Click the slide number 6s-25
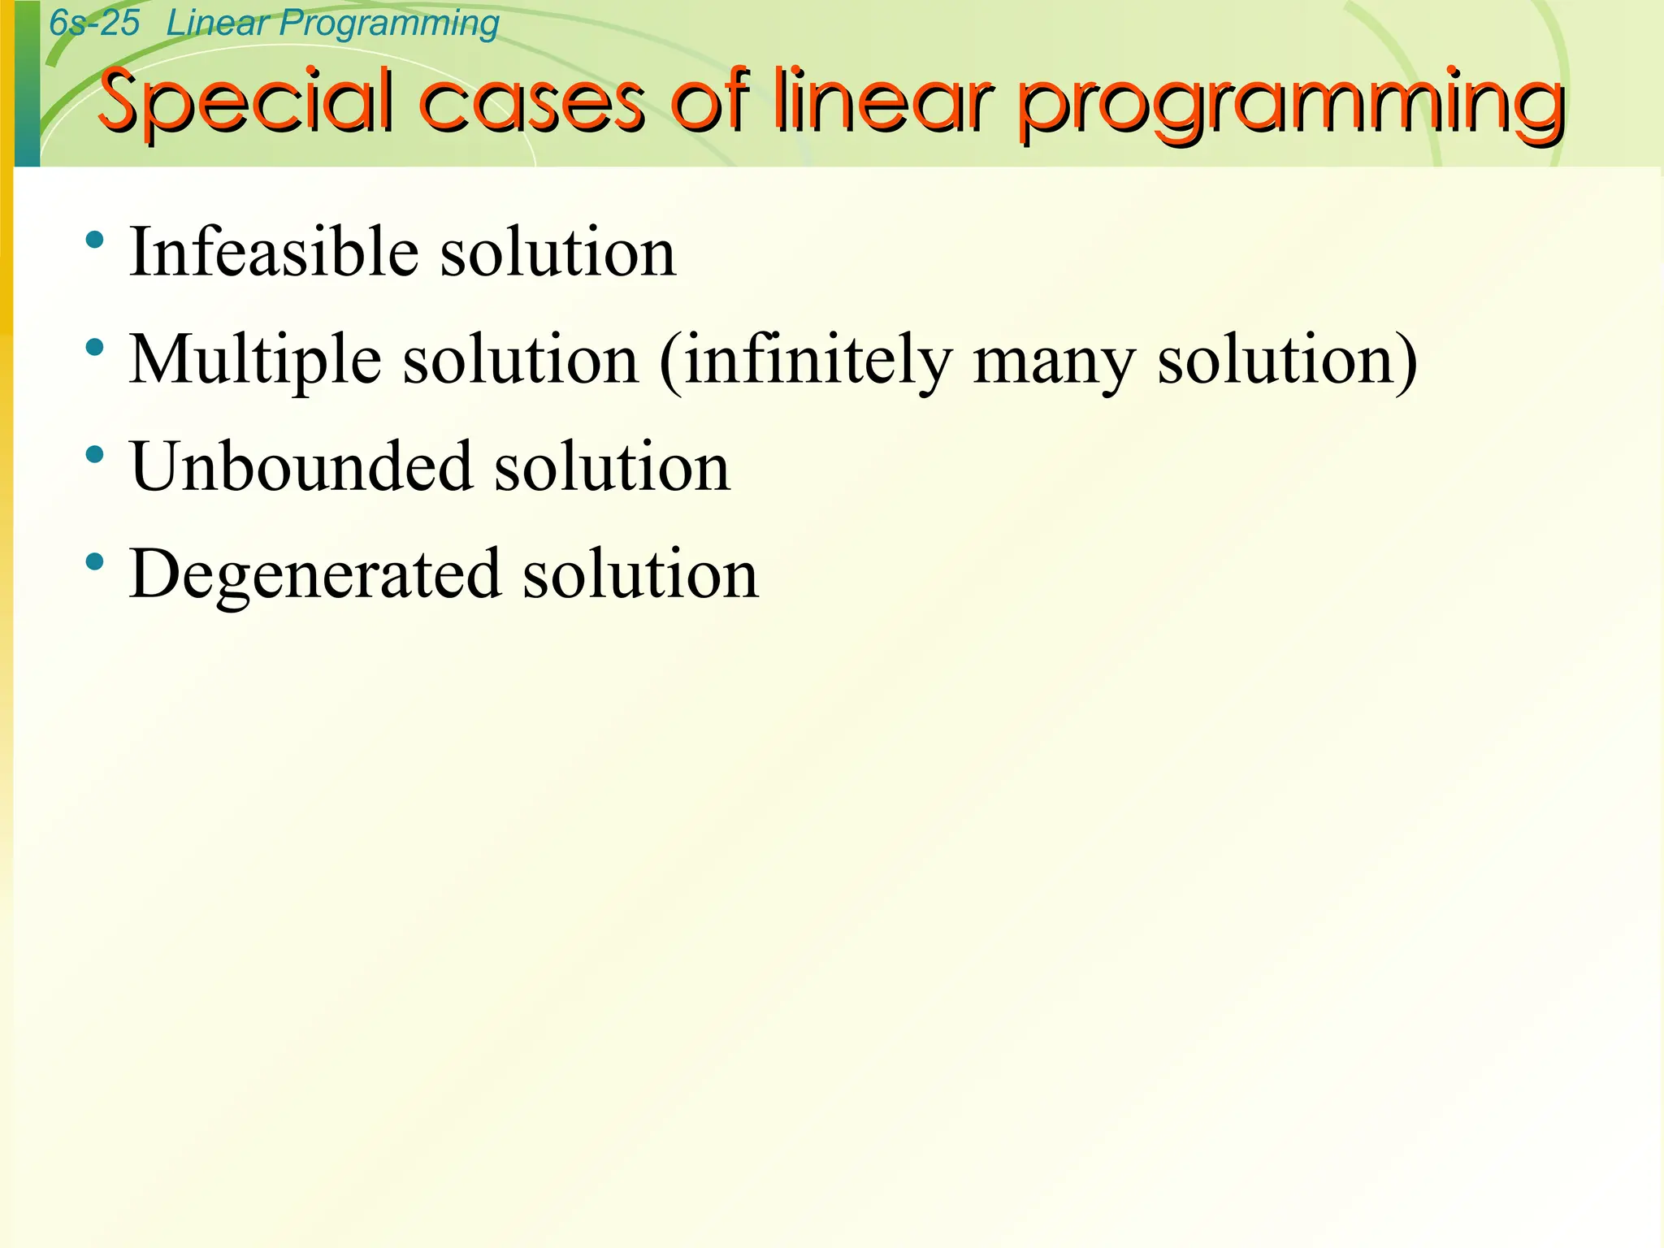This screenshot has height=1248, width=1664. point(94,24)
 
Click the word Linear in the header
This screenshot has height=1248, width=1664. point(217,24)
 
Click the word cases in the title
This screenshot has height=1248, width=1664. point(532,103)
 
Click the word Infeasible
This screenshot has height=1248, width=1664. point(274,253)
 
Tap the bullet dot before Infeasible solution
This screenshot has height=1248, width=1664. point(95,240)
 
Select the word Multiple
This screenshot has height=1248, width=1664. point(255,360)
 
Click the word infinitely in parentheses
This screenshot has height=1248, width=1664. point(817,360)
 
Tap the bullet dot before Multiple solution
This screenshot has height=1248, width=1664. point(95,348)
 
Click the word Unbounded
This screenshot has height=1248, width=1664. point(301,467)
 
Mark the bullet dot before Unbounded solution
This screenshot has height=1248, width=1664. point(95,454)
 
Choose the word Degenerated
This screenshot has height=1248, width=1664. point(314,575)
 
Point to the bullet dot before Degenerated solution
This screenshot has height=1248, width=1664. point(95,561)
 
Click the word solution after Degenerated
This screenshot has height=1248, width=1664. point(639,574)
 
